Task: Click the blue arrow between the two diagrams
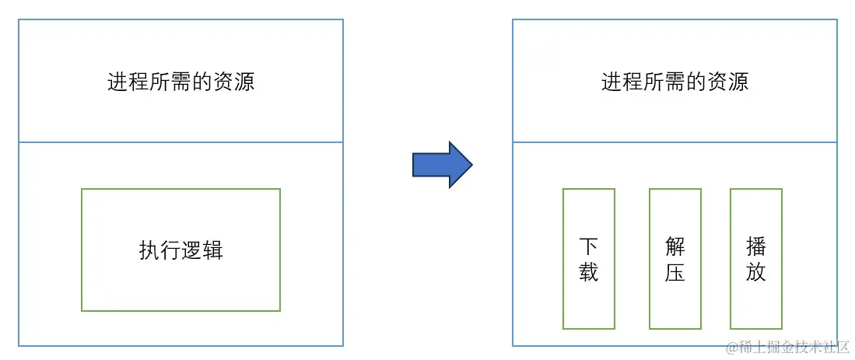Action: tap(440, 165)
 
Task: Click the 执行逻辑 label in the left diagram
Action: tap(180, 250)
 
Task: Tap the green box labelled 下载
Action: tap(589, 259)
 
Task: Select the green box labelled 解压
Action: tap(675, 259)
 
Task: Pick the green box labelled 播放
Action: tap(755, 259)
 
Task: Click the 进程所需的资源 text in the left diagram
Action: tap(180, 82)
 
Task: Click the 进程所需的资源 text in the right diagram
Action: tap(675, 82)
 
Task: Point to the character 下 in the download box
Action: tap(589, 247)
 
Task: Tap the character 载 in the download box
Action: tap(589, 272)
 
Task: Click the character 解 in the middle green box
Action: tap(675, 247)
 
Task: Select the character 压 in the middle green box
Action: tap(675, 272)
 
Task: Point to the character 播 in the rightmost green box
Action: tap(755, 247)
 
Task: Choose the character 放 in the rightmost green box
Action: tap(755, 272)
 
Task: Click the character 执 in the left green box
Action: tap(149, 250)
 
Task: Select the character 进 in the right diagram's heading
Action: tap(611, 82)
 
